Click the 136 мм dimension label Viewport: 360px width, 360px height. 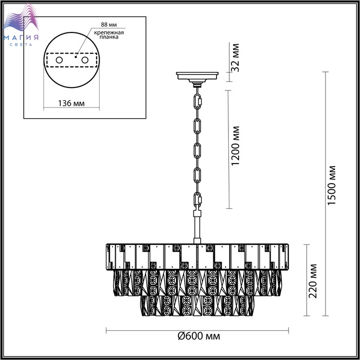71,103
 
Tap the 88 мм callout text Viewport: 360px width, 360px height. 109,25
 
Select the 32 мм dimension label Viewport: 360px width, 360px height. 236,58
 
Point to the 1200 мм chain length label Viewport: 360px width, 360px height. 236,146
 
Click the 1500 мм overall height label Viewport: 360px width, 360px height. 332,185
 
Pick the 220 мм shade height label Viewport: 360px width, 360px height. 313,281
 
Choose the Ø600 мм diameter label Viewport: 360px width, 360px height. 199,336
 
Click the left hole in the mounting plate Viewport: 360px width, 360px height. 59,60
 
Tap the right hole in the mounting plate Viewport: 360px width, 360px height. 85,60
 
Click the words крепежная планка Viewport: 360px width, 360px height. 109,34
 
